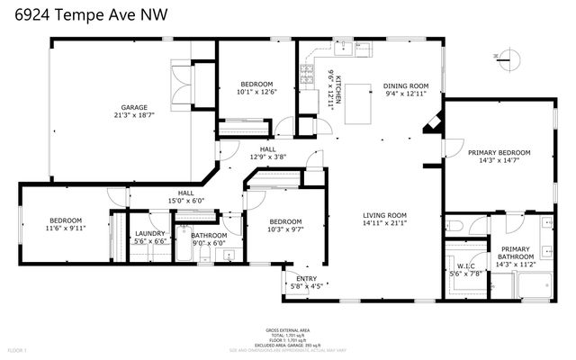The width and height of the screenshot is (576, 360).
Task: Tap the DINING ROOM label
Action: [406, 85]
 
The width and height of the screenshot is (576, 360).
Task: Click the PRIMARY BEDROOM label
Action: [499, 152]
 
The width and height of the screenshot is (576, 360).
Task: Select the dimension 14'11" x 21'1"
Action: [385, 223]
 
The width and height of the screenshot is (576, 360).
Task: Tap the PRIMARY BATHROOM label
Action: [515, 253]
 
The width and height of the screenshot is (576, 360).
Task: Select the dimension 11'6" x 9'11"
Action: [66, 229]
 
